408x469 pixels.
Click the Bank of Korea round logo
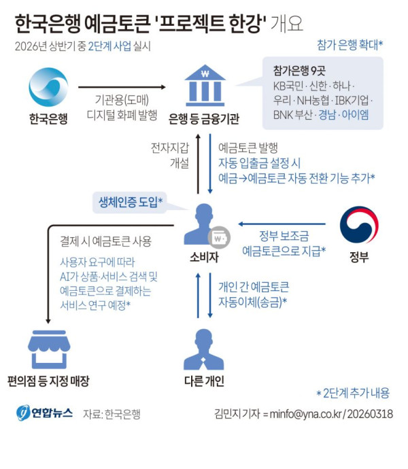[x=48, y=87]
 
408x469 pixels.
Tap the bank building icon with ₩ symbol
[x=205, y=86]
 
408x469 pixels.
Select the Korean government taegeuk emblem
[x=359, y=224]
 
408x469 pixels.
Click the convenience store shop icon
[x=49, y=349]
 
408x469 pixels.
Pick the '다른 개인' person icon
[x=204, y=349]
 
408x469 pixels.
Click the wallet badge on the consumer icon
[x=219, y=237]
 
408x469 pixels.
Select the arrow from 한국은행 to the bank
[x=122, y=87]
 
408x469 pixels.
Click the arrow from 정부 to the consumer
[x=282, y=224]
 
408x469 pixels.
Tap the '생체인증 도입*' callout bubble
[x=130, y=203]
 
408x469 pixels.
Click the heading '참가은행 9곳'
[x=299, y=71]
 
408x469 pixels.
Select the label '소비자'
[x=205, y=257]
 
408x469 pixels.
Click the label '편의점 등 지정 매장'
[x=48, y=381]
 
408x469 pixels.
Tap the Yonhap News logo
[x=45, y=413]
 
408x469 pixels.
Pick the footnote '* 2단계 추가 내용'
[x=353, y=393]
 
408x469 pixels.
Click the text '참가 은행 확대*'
[x=350, y=45]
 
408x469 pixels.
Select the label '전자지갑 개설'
[x=170, y=155]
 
